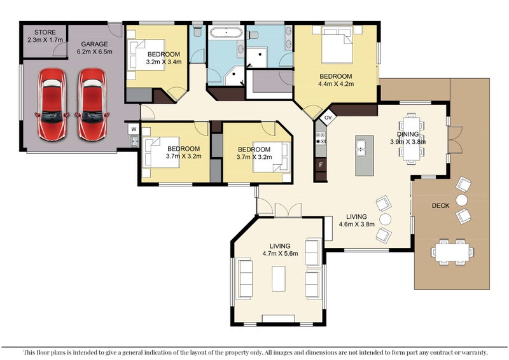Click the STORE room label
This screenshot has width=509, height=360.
[x=45, y=32]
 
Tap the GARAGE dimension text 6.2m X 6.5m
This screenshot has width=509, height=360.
[x=94, y=52]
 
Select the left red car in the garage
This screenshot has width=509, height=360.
[x=52, y=104]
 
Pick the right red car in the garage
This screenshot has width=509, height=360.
[x=92, y=104]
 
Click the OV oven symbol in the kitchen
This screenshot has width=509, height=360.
[x=328, y=118]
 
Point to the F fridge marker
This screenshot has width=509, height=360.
[x=321, y=165]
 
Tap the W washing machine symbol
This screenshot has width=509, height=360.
[x=134, y=129]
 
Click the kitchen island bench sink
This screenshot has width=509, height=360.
[x=361, y=149]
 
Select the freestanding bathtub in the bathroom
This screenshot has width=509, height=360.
[x=226, y=33]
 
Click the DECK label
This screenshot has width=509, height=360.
[x=440, y=205]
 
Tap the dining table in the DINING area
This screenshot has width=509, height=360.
[x=412, y=139]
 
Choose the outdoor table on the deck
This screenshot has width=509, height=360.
[x=452, y=252]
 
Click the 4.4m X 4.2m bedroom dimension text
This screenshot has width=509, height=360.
[x=336, y=84]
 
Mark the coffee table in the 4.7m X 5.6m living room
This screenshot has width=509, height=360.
[x=279, y=279]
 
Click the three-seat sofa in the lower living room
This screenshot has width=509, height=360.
[x=246, y=278]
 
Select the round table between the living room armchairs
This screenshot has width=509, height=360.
[x=386, y=219]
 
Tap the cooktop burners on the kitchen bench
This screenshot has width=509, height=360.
[x=321, y=138]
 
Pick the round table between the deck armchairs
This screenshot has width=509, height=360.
[x=462, y=200]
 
